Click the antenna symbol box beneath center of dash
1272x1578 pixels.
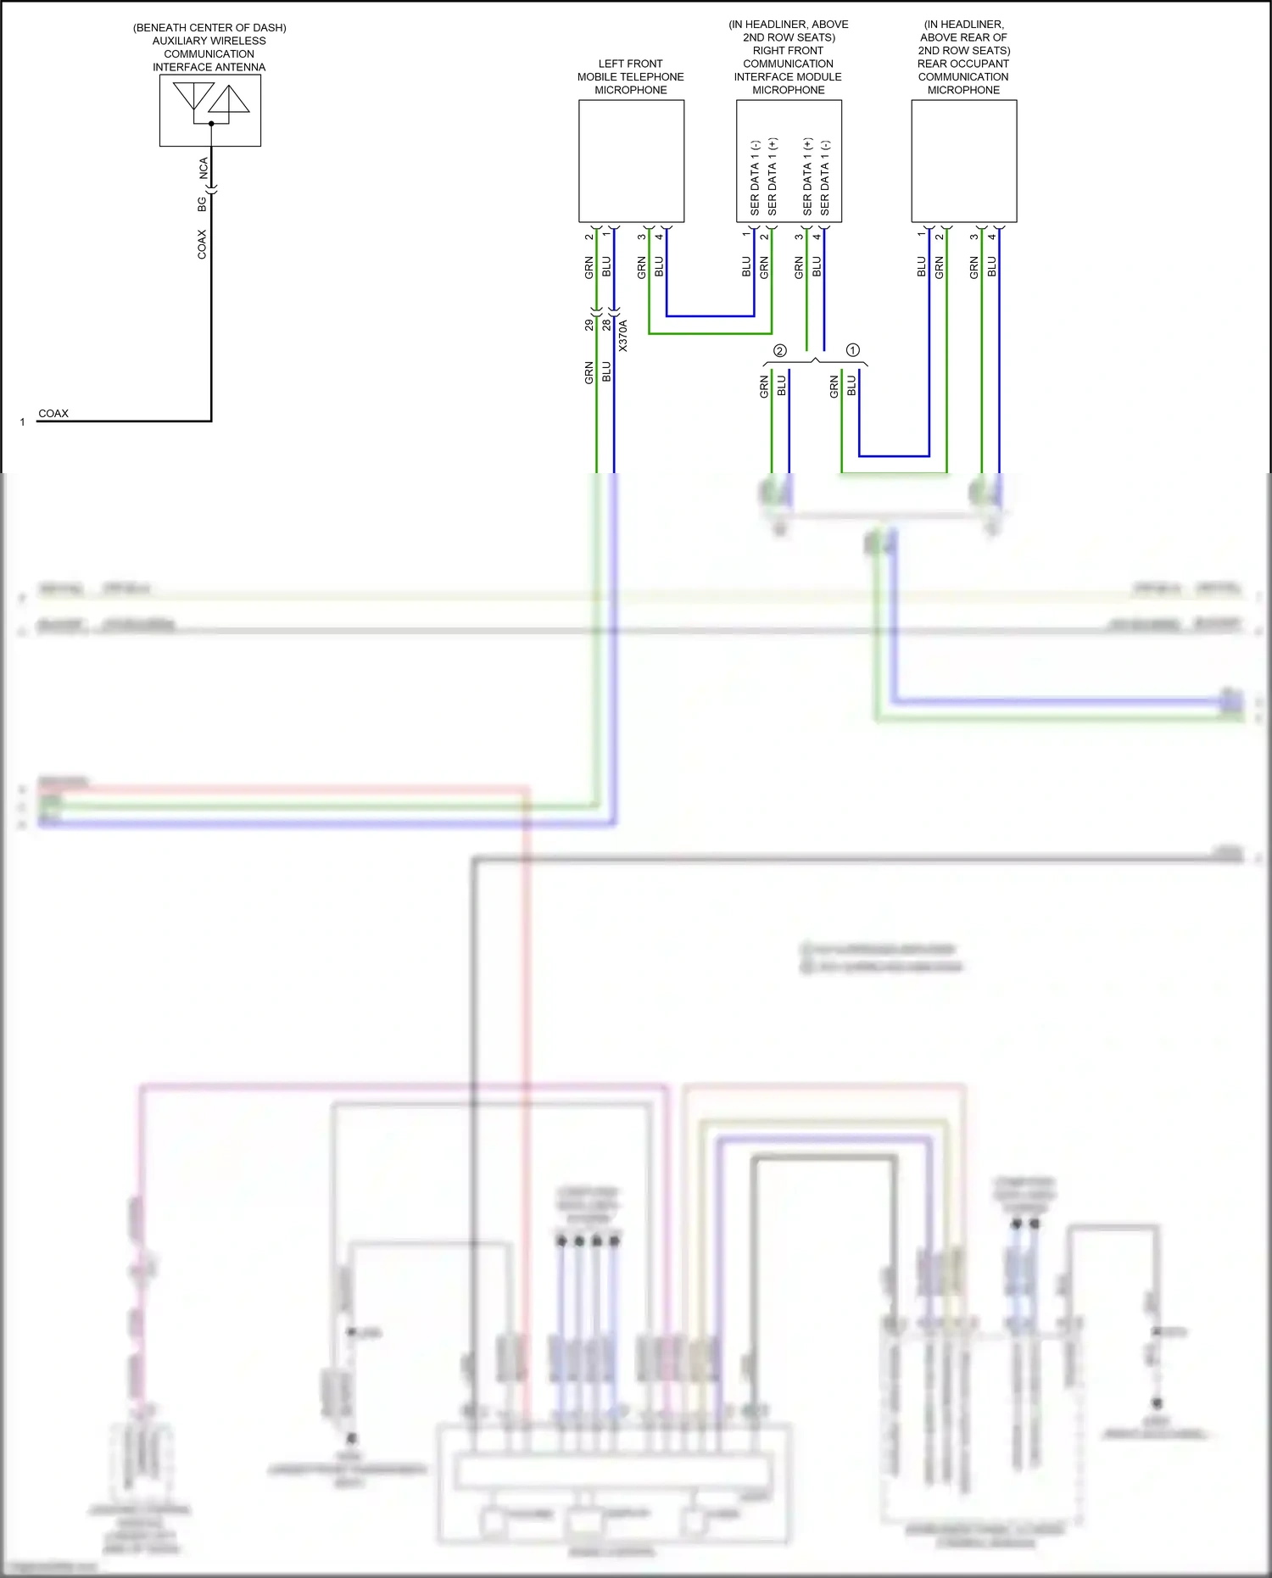(x=209, y=110)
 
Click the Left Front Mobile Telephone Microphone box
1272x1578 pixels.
(x=631, y=161)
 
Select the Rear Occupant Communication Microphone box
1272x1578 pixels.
(x=963, y=161)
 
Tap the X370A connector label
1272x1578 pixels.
(x=623, y=336)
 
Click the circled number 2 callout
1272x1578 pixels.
(x=780, y=350)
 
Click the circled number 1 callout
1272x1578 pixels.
(x=853, y=349)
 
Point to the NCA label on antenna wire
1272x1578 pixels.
(x=204, y=168)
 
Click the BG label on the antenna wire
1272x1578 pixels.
(x=202, y=204)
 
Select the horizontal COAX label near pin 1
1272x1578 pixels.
(x=53, y=414)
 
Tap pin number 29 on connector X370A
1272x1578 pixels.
(x=589, y=325)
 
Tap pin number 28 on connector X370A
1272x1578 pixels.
(x=606, y=325)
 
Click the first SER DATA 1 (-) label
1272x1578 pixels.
(x=755, y=177)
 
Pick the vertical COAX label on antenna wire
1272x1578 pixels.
(x=202, y=244)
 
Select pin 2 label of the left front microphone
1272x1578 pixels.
(x=589, y=236)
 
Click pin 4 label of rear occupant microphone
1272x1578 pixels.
(x=992, y=236)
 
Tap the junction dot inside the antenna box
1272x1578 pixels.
(x=211, y=124)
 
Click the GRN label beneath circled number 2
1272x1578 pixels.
(x=764, y=387)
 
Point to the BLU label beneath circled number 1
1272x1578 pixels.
(x=851, y=387)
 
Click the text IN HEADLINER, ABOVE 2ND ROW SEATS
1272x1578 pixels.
(x=789, y=31)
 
